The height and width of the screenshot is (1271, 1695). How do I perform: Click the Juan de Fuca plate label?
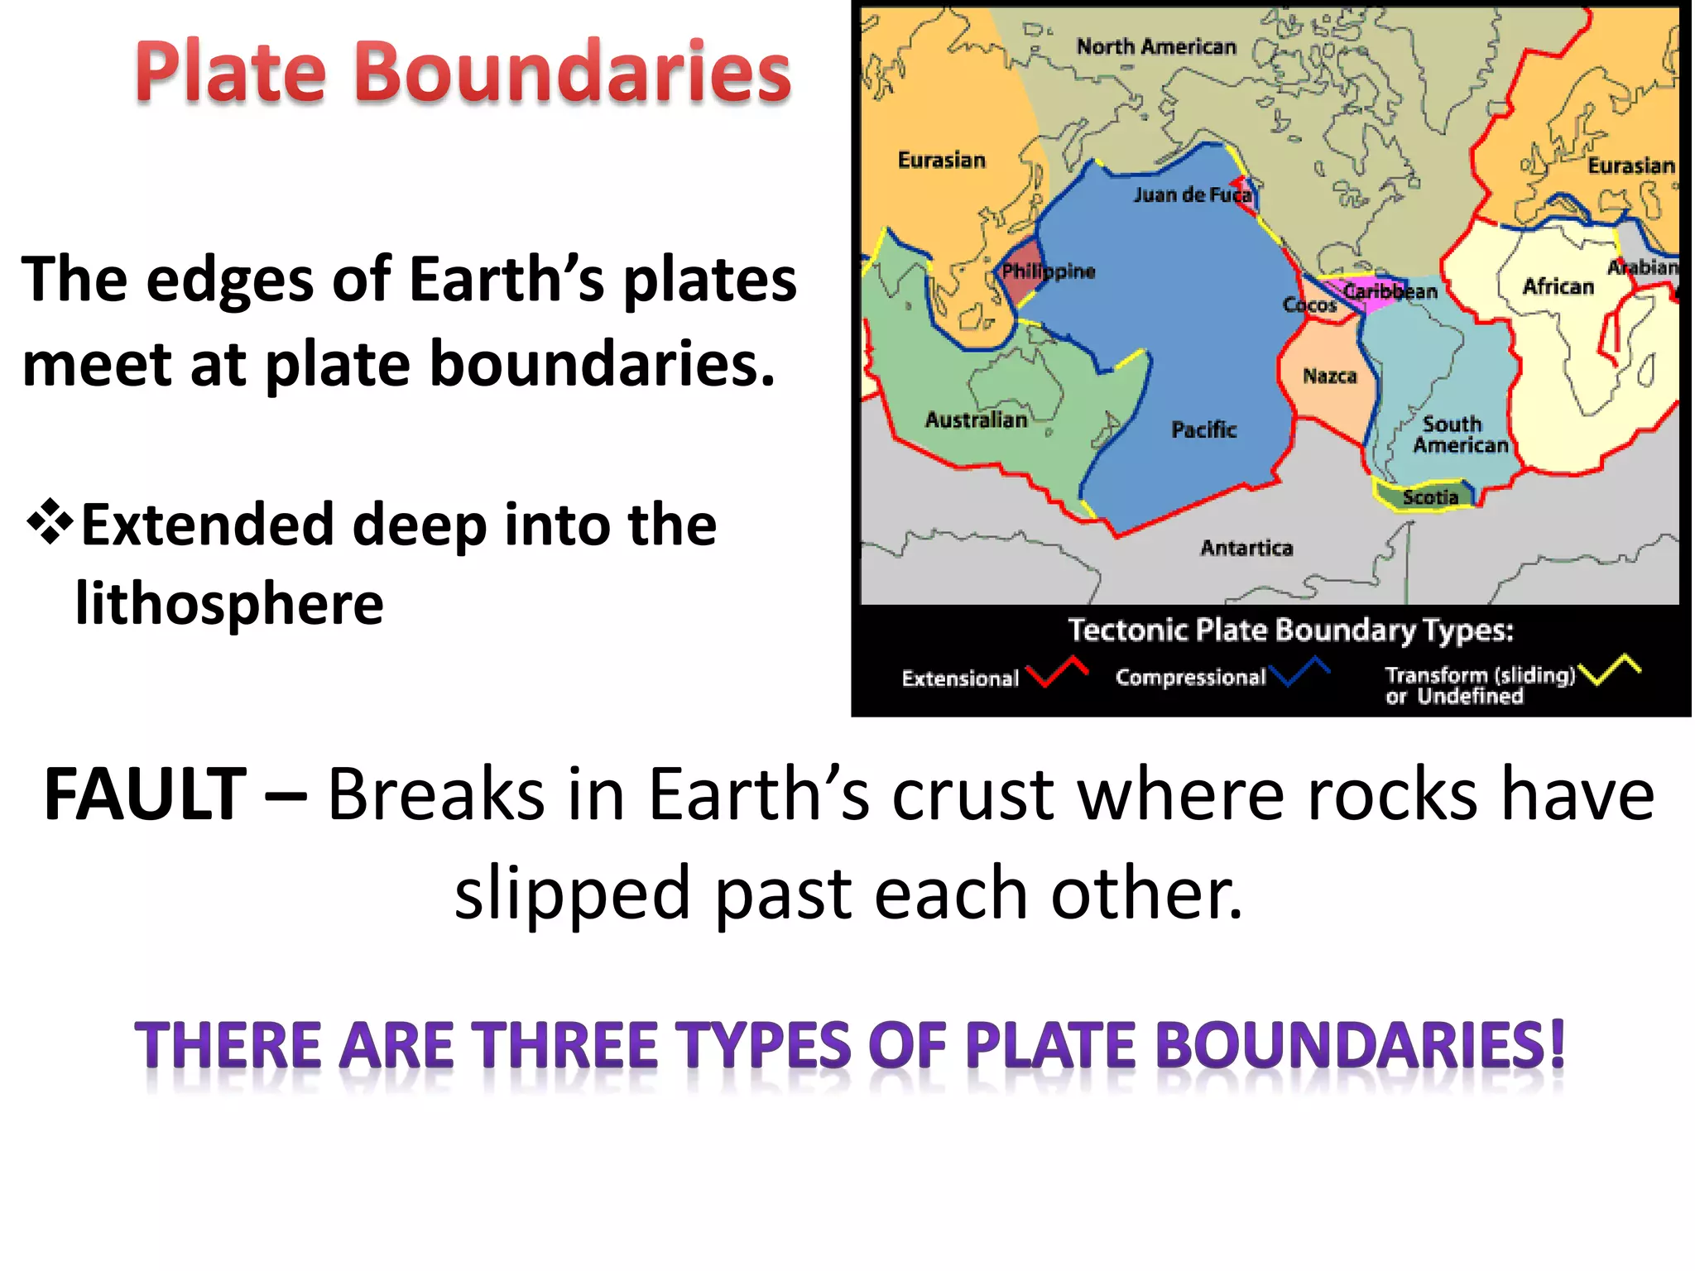1192,195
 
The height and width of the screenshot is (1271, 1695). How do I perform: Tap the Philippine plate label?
1048,271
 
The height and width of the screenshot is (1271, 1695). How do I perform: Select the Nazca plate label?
1330,377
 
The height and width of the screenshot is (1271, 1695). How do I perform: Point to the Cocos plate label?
1309,305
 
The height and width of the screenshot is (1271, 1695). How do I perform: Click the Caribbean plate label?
1390,291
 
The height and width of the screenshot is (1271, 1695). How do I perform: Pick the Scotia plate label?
1430,497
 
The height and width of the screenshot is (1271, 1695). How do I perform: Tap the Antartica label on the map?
1246,548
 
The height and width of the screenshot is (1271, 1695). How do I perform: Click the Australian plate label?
976,420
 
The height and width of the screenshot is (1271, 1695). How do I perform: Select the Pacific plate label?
1203,429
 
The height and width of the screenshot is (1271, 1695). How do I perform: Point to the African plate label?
1558,286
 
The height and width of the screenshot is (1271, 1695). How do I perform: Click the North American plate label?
1156,47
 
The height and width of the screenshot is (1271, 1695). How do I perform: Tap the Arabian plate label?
1643,267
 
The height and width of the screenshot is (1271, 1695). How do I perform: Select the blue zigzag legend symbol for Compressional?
1299,671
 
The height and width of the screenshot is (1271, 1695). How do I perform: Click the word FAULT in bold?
146,794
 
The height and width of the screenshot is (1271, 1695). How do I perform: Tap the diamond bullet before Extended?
50,522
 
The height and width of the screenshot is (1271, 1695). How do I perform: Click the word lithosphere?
229,603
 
